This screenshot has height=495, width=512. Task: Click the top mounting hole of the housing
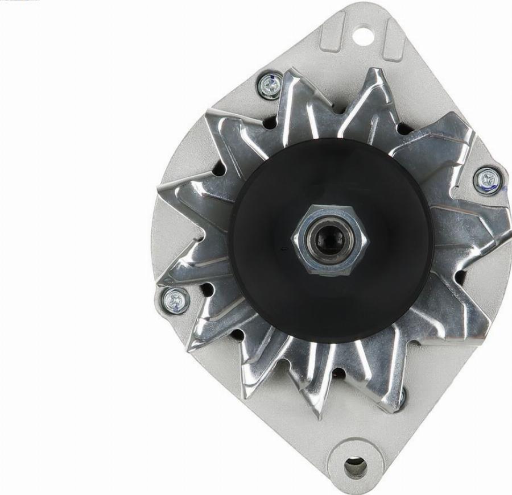(360, 35)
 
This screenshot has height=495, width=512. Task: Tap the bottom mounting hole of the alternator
(355, 467)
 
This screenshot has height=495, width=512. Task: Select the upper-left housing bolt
(269, 85)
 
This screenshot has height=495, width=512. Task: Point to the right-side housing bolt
(488, 179)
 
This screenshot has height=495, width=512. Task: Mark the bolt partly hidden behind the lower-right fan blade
(400, 398)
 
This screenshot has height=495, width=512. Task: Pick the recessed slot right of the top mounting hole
(393, 40)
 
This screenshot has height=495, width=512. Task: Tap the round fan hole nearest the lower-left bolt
(207, 290)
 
